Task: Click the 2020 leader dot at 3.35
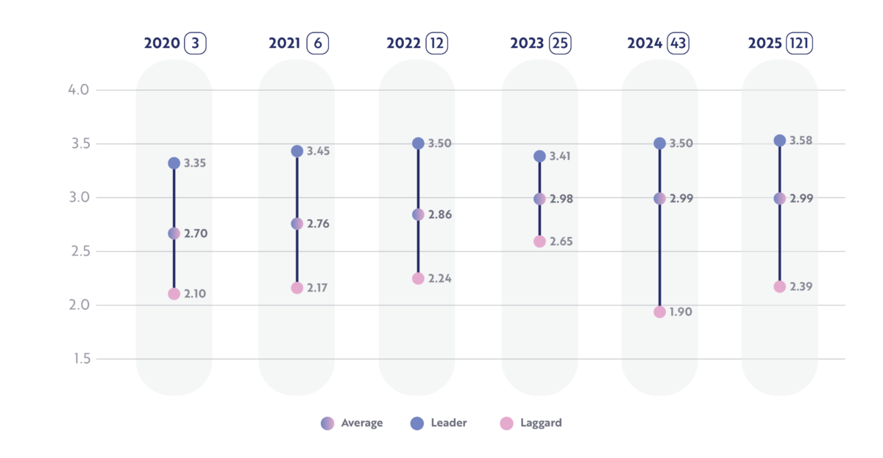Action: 174,163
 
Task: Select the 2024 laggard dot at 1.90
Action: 659,311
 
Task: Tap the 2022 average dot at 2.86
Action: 418,214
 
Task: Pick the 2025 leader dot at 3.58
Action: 779,141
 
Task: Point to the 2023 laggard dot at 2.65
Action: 539,242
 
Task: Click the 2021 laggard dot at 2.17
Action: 297,288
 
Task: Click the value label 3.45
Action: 318,151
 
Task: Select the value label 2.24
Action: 440,278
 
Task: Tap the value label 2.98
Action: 561,199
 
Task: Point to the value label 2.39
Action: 801,286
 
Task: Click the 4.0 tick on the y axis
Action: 79,90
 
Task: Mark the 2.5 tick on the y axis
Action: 79,251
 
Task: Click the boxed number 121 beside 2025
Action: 799,43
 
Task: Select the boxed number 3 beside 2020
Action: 196,43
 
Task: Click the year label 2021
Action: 285,43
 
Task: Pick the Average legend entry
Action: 353,423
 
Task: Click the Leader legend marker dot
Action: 417,423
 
